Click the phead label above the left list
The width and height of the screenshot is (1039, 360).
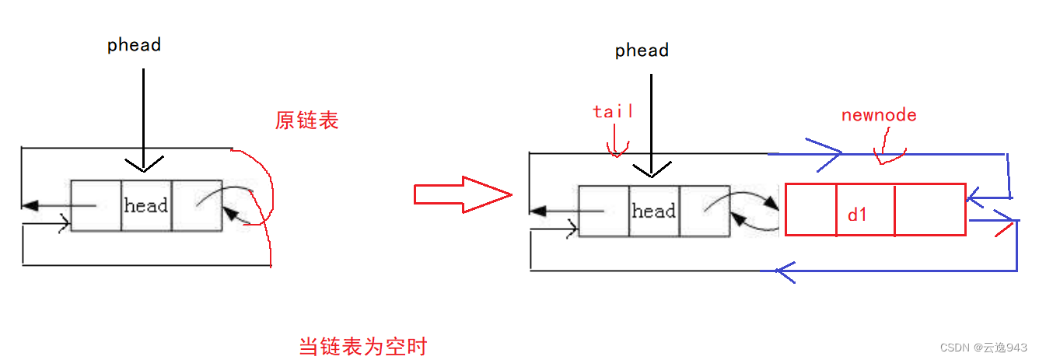pos(134,45)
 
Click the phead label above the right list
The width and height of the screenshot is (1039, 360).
pos(642,51)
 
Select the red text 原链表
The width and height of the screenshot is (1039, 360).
pos(307,121)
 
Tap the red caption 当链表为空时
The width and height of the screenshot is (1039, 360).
pos(363,346)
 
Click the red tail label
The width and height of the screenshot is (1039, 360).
pos(613,111)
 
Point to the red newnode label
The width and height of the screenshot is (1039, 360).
pos(879,115)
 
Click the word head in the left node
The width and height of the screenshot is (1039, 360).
pos(146,206)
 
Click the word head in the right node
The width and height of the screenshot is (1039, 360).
pos(654,211)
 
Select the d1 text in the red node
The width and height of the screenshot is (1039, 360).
pos(858,215)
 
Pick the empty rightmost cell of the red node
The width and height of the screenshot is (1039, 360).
pos(930,210)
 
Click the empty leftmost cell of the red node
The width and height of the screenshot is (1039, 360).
pos(811,210)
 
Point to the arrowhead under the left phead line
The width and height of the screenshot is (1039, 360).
pos(144,165)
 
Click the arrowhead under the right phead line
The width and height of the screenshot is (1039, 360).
pos(652,170)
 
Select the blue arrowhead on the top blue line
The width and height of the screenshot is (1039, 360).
pos(826,153)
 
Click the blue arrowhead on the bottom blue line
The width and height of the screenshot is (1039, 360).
pos(785,271)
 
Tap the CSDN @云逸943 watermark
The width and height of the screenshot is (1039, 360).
pos(984,347)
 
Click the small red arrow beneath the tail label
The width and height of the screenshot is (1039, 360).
pos(616,148)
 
